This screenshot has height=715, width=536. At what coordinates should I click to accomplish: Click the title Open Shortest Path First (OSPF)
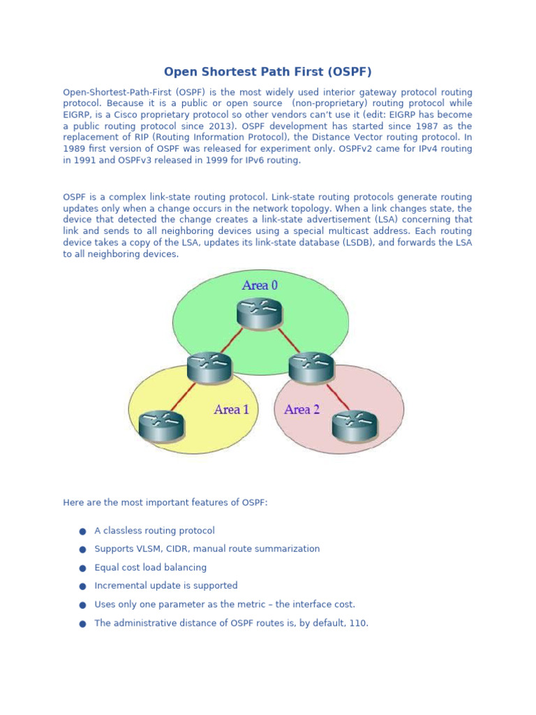(x=267, y=72)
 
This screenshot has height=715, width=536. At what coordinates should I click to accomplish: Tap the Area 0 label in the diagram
(x=260, y=285)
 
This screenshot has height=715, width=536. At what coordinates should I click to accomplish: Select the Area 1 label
(x=231, y=410)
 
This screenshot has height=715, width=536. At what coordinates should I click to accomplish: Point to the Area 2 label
(x=301, y=410)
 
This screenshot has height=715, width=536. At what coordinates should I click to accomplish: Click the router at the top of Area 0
(x=259, y=313)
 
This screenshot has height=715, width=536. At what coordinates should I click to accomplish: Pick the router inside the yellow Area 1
(x=161, y=426)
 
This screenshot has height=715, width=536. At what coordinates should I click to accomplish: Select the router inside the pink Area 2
(x=355, y=426)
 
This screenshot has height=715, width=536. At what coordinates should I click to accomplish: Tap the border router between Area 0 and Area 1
(x=209, y=367)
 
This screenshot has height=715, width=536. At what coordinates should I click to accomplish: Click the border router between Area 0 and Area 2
(x=311, y=367)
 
